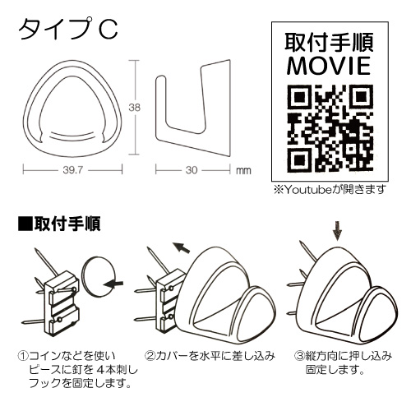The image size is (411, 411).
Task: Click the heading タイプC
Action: click(68, 30)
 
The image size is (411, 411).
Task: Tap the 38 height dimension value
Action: click(135, 108)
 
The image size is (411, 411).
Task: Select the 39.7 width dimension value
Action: click(73, 170)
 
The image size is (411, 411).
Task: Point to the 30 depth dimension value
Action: click(192, 170)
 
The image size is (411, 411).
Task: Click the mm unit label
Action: click(243, 170)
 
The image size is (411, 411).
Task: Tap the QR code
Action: click(330, 127)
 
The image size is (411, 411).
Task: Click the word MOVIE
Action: click(329, 66)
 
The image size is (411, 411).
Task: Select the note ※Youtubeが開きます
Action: click(330, 189)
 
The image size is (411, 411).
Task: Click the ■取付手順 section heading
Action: click(59, 224)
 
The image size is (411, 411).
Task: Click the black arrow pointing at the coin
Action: click(113, 284)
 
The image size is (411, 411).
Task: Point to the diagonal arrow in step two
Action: click(182, 247)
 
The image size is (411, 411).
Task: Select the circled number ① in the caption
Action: click(23, 356)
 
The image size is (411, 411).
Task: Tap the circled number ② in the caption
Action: click(150, 356)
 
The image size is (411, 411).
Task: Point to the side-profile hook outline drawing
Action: click(192, 109)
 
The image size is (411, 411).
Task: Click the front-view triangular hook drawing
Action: click(72, 109)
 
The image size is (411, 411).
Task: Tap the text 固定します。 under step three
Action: click(335, 370)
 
